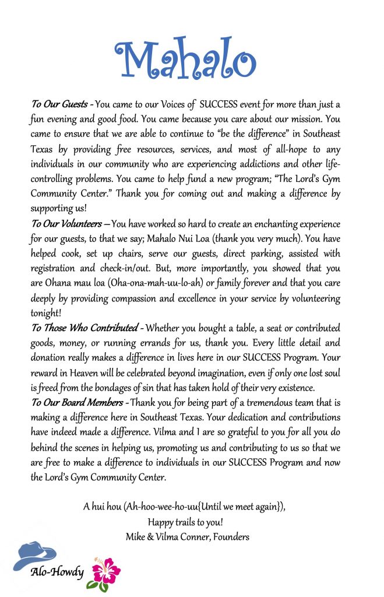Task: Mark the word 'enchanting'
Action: (x=267, y=224)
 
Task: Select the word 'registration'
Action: (x=55, y=269)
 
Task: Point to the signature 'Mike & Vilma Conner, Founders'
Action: (x=188, y=536)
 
